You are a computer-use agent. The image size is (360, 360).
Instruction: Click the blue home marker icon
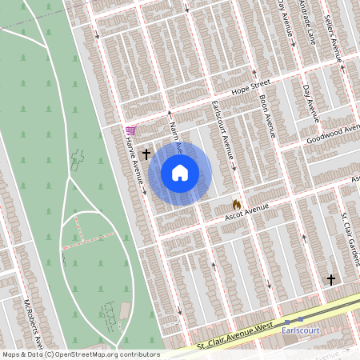pyautogui.click(x=180, y=172)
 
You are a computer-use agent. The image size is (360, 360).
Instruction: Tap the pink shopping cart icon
pyautogui.click(x=130, y=130)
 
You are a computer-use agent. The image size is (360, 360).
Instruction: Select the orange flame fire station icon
pyautogui.click(x=237, y=206)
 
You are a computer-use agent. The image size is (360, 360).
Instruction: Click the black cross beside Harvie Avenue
pyautogui.click(x=146, y=153)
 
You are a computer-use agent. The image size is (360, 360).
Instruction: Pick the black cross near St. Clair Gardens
pyautogui.click(x=331, y=279)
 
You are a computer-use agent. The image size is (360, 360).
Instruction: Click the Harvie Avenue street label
pyautogui.click(x=134, y=159)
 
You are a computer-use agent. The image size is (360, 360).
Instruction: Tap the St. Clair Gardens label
pyautogui.click(x=350, y=239)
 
